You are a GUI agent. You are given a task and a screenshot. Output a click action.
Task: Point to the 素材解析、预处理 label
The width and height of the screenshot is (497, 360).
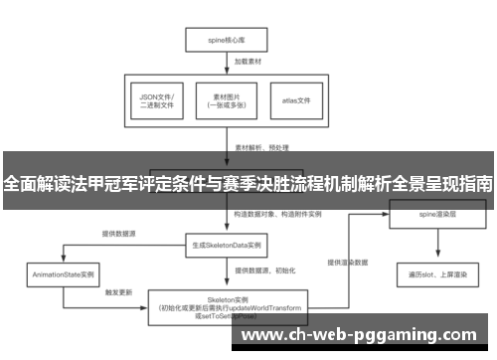click(261, 146)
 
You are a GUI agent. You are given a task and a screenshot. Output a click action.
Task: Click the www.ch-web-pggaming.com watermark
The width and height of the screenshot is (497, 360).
click(359, 336)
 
